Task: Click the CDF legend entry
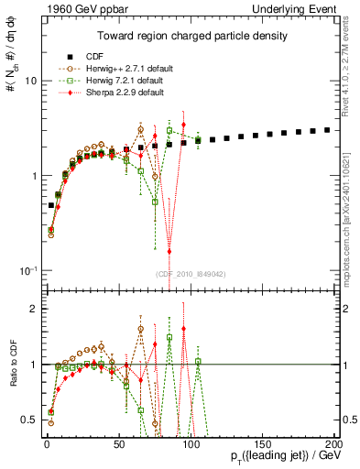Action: [87, 55]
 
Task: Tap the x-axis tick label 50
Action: [119, 443]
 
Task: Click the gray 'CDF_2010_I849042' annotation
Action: [187, 272]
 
